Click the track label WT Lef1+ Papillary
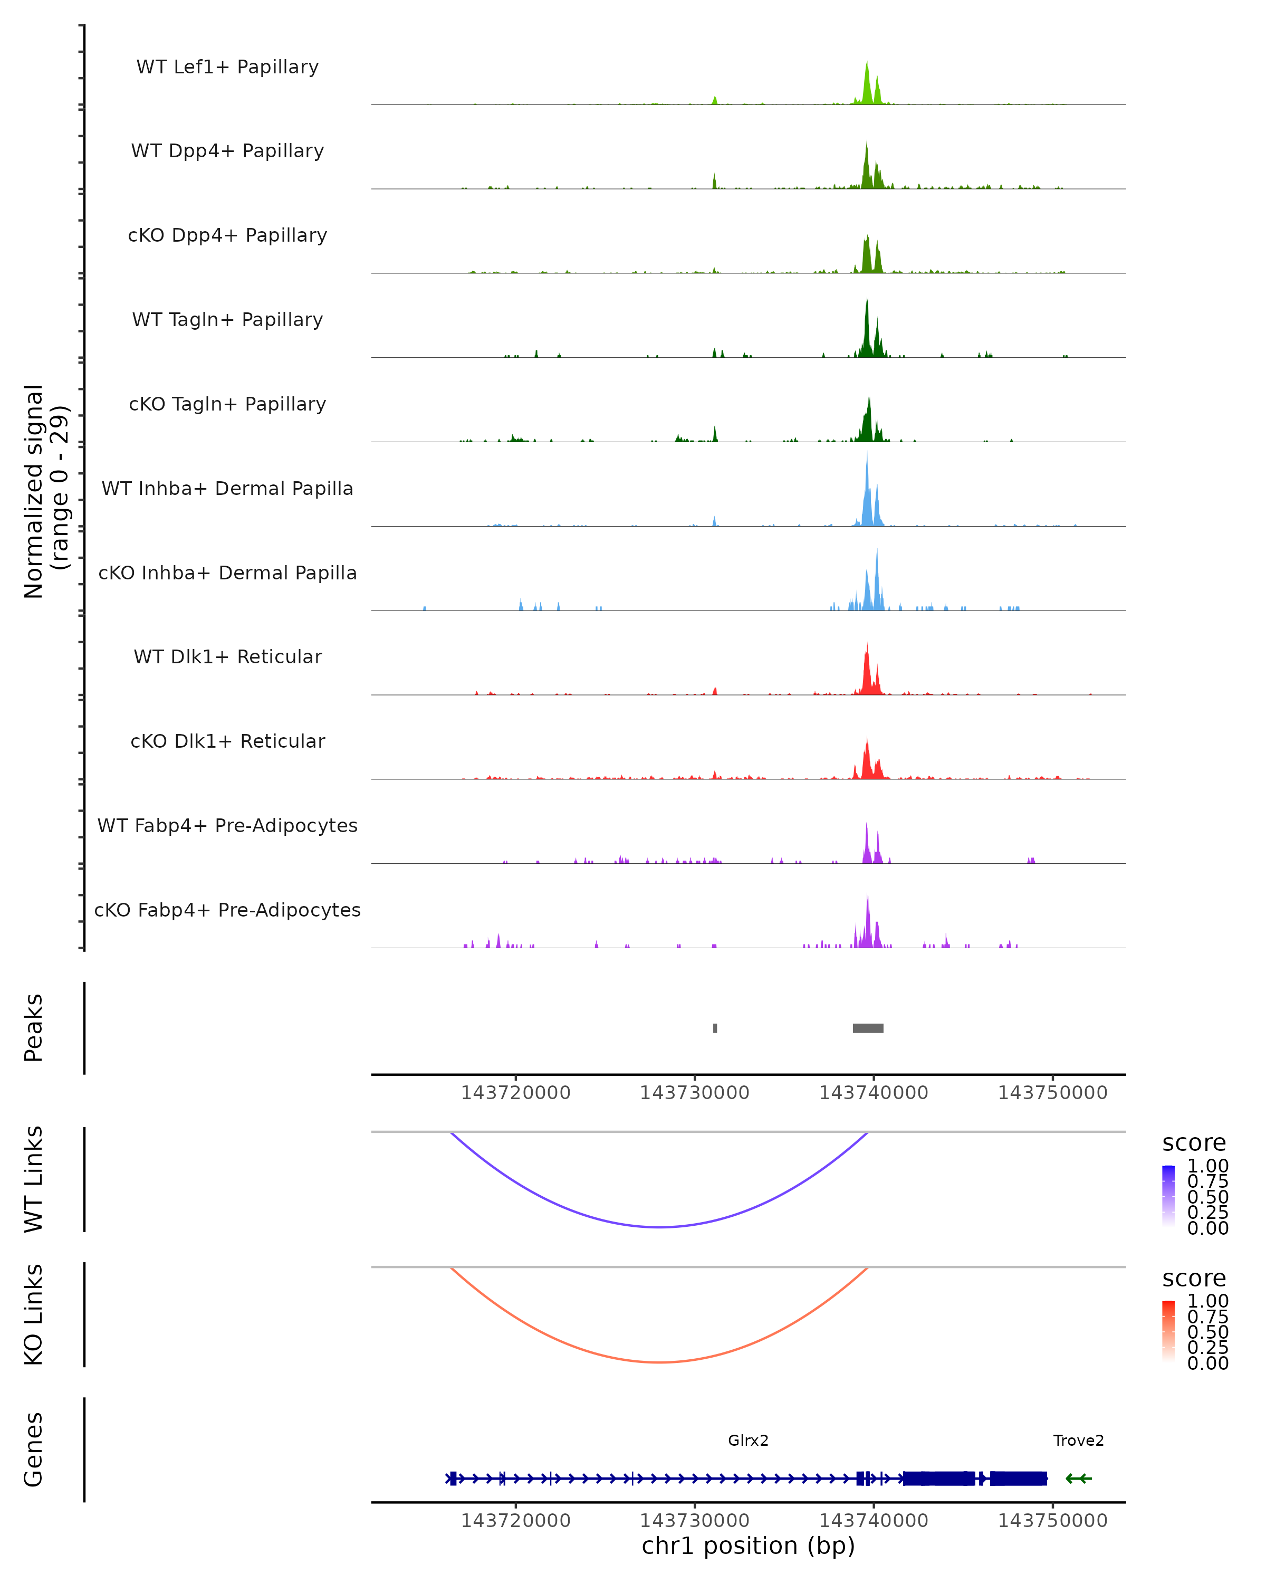pos(227,67)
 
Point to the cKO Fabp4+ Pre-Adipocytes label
pos(227,910)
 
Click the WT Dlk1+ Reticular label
pos(227,656)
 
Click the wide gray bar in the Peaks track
pos(868,1028)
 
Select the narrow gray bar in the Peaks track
pos(715,1028)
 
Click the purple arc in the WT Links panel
pos(660,1227)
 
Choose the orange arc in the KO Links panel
pos(660,1362)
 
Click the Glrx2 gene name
pos(748,1440)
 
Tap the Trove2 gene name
pos(1078,1440)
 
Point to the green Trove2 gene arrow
pos(1078,1478)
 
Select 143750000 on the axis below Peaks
pos(1052,1093)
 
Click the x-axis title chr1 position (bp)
pos(748,1546)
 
